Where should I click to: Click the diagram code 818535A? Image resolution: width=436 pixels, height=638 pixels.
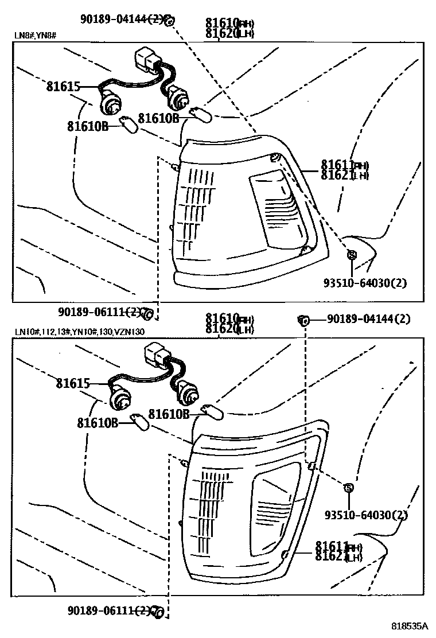(x=411, y=626)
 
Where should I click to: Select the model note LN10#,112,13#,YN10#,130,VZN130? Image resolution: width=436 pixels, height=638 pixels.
(x=80, y=332)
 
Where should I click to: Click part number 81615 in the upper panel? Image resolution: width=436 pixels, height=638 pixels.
(x=63, y=87)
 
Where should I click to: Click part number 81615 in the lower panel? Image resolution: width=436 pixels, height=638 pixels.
(x=73, y=383)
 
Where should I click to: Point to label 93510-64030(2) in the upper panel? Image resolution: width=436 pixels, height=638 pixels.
(x=365, y=283)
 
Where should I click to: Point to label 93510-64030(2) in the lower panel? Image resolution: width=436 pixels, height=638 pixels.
(x=365, y=515)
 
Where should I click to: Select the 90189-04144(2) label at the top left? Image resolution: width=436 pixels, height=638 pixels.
(x=121, y=21)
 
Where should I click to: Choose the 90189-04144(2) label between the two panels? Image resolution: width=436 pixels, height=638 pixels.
(x=368, y=318)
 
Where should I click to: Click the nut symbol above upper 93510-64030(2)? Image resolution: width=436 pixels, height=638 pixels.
(x=352, y=255)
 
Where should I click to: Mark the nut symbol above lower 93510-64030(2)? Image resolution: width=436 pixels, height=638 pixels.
(x=348, y=488)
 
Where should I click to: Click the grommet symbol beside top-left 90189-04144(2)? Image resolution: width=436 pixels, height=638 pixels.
(x=169, y=21)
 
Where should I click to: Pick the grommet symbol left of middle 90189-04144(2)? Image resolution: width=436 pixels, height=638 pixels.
(x=303, y=319)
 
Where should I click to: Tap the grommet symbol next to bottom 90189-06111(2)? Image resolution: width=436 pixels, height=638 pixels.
(x=158, y=612)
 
